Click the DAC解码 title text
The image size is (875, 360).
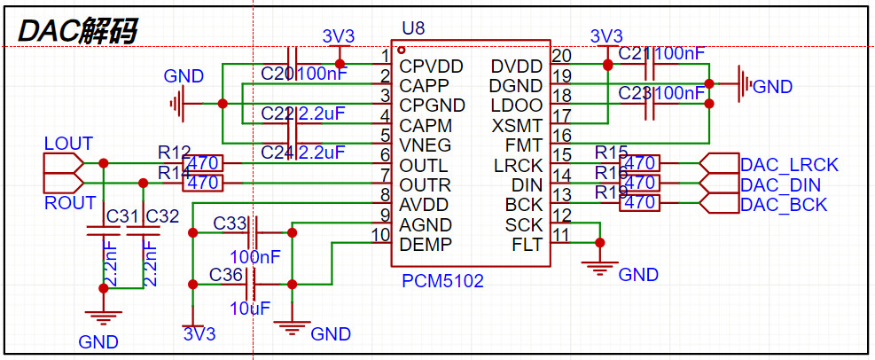[x=78, y=31]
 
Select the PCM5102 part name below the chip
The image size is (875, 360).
[x=442, y=281]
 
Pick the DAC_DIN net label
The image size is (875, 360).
[x=780, y=185]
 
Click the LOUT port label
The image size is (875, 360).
[x=68, y=144]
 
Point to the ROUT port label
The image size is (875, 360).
[x=69, y=203]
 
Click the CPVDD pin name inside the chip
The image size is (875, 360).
[x=431, y=67]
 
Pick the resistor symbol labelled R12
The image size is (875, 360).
[x=203, y=163]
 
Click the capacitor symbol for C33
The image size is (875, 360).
[x=254, y=232]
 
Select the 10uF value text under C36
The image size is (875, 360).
[x=250, y=309]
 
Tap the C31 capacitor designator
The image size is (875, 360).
[x=122, y=216]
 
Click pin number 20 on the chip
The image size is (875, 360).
[x=561, y=56]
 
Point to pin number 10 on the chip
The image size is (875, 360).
[x=381, y=235]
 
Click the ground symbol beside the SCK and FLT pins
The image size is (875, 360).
[x=600, y=263]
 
